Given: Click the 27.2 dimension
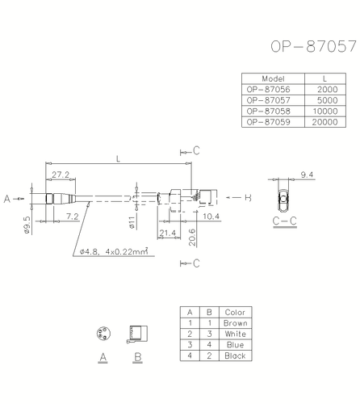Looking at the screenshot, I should tap(61, 175).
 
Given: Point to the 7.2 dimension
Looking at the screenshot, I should tap(71, 216).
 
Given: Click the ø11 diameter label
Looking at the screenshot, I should tap(130, 219).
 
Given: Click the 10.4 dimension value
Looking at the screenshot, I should tap(211, 216).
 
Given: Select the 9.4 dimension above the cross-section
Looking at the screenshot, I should tap(307, 175).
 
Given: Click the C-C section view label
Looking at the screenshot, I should tap(283, 220).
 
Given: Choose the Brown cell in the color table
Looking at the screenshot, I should tap(235, 322).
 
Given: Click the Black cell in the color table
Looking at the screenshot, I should tap(235, 354).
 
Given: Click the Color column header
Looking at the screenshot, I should tap(235, 312).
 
